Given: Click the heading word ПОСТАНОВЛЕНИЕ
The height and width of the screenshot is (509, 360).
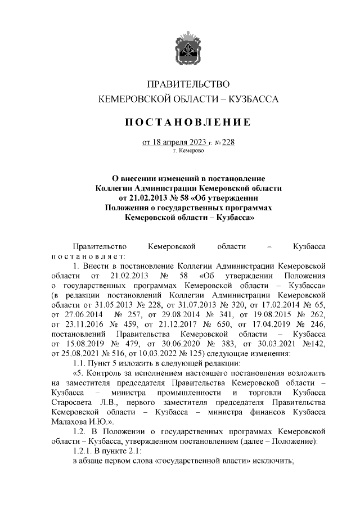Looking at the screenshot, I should coord(188,122).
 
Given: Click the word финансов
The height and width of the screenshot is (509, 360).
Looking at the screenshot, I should coord(273,412).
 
